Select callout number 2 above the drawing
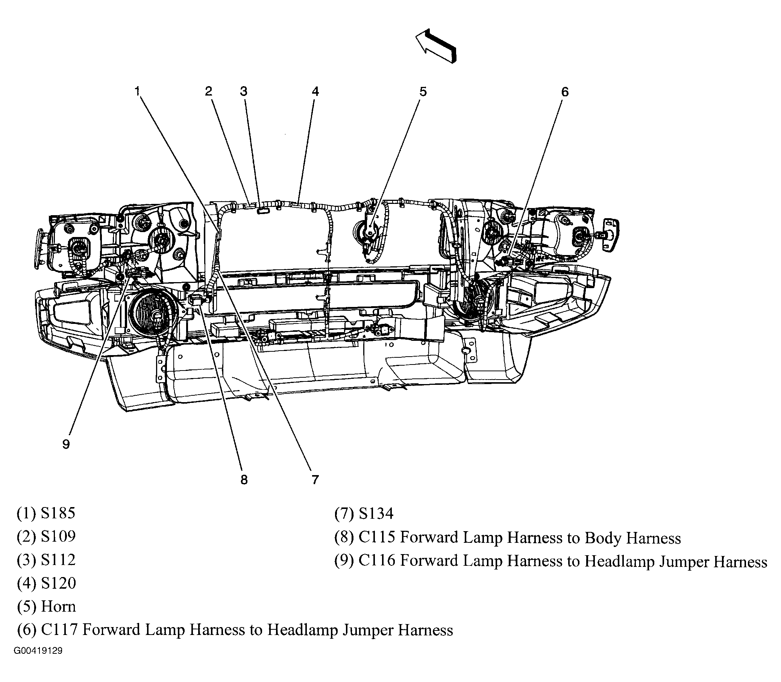pos(208,91)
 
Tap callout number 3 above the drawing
pos(243,91)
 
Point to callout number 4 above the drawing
pos(315,91)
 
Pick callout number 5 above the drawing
pos(423,91)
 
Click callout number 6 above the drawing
pos(565,92)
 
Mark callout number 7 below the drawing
pos(315,480)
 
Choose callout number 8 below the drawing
pos(244,480)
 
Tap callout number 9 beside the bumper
pos(66,444)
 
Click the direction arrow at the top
pos(435,46)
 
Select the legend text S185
pos(58,513)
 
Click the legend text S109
pos(58,536)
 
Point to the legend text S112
pos(58,559)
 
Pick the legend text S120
pos(58,583)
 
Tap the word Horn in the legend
pos(58,606)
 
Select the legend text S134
pos(376,513)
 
